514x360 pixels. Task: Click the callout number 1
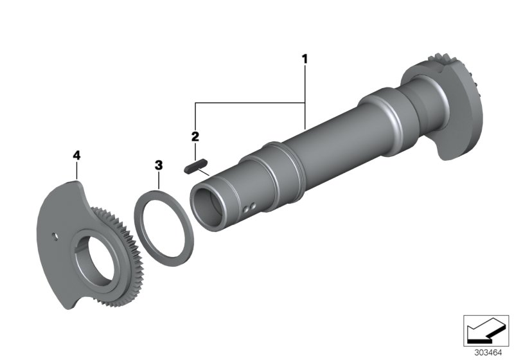(x=305, y=59)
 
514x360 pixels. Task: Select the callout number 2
(x=194, y=136)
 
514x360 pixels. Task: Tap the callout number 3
(x=159, y=165)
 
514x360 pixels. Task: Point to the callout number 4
(x=76, y=155)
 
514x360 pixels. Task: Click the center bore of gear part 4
(x=96, y=253)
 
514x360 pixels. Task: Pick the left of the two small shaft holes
(x=247, y=208)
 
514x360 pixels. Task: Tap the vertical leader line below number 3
(x=159, y=181)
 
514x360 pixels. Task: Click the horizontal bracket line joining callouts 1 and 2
(x=251, y=102)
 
